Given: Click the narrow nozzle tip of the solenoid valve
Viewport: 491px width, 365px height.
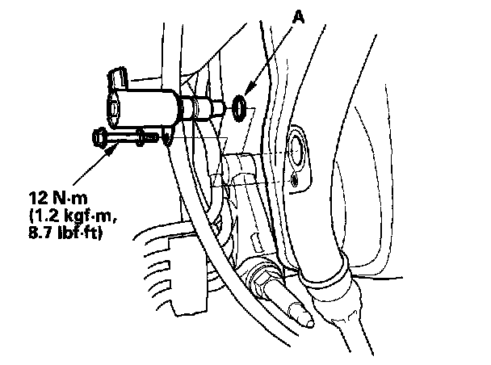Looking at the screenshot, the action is tap(219, 106).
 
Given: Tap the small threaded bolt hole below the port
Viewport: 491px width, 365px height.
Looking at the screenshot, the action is tap(296, 181).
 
